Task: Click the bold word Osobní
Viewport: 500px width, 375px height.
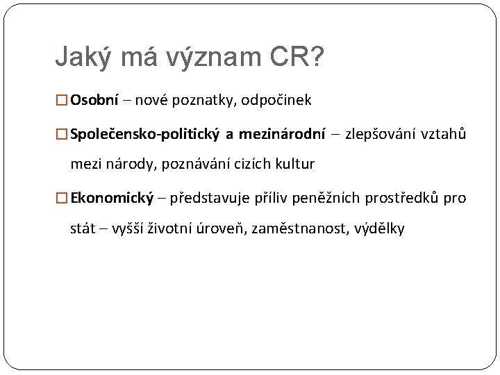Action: click(x=95, y=100)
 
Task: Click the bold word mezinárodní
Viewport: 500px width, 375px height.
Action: click(x=282, y=134)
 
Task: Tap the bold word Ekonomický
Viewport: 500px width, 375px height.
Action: click(x=112, y=198)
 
